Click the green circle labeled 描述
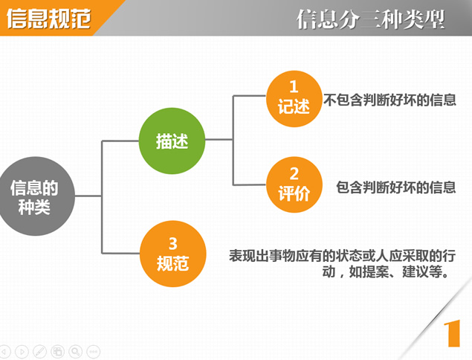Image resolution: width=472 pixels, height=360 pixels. (x=172, y=141)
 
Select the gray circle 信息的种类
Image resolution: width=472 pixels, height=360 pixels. (x=36, y=196)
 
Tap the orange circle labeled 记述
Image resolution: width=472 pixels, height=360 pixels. (x=294, y=99)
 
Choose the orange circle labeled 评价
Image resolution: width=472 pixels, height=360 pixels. (x=294, y=184)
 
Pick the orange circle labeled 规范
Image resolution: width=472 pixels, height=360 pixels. (x=172, y=254)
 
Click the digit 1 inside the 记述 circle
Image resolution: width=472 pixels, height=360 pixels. (x=294, y=87)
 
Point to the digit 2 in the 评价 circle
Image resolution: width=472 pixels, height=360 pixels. (x=294, y=173)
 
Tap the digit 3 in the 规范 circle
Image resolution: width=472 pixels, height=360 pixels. (x=172, y=243)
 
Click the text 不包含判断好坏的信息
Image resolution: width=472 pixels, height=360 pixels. (x=389, y=100)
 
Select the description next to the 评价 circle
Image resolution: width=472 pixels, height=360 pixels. (x=396, y=187)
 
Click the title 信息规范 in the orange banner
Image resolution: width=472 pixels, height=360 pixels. (x=49, y=19)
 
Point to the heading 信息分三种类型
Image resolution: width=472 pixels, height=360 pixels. (x=371, y=19)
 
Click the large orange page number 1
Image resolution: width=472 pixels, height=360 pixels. (x=453, y=333)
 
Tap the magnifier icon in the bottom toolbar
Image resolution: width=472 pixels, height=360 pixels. (x=76, y=351)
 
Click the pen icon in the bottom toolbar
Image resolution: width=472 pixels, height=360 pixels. (x=39, y=351)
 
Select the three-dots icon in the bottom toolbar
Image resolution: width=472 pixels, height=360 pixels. (x=94, y=351)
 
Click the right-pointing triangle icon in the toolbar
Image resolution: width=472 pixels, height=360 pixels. (x=22, y=351)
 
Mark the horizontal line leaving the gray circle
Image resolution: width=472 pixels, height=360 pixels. (x=88, y=196)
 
